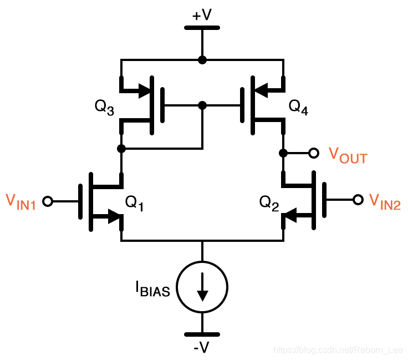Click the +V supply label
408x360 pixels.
202,14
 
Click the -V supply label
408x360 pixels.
202,347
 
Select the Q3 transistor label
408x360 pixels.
105,107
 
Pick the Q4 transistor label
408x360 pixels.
298,107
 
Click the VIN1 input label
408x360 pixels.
21,202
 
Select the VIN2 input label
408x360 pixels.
384,202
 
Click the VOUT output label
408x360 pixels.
348,155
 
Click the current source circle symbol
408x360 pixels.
202,286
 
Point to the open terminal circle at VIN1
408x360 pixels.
48,201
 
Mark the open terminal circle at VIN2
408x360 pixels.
358,199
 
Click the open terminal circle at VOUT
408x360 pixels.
314,153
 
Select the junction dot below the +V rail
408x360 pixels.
202,60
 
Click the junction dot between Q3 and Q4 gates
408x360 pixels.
202,105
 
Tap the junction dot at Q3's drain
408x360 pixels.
121,149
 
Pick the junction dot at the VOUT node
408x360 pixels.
283,153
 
